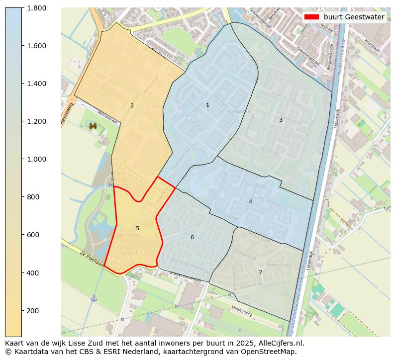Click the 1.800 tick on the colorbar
pyautogui.click(x=36, y=8)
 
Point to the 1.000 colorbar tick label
pyautogui.click(x=36, y=159)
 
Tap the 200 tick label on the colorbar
pyautogui.click(x=32, y=311)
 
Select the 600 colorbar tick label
pyautogui.click(x=32, y=235)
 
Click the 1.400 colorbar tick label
pyautogui.click(x=36, y=84)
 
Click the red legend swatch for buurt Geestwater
pyautogui.click(x=312, y=17)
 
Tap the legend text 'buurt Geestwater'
pyautogui.click(x=354, y=17)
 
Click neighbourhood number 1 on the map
pyautogui.click(x=207, y=105)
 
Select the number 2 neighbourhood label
pyautogui.click(x=132, y=105)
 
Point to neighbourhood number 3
pyautogui.click(x=281, y=120)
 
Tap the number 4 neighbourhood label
pyautogui.click(x=250, y=201)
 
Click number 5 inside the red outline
pyautogui.click(x=137, y=228)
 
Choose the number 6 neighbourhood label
pyautogui.click(x=192, y=237)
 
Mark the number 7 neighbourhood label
pyautogui.click(x=260, y=272)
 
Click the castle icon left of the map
pyautogui.click(x=93, y=126)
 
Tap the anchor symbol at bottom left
pyautogui.click(x=94, y=298)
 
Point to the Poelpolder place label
pyautogui.click(x=237, y=111)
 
